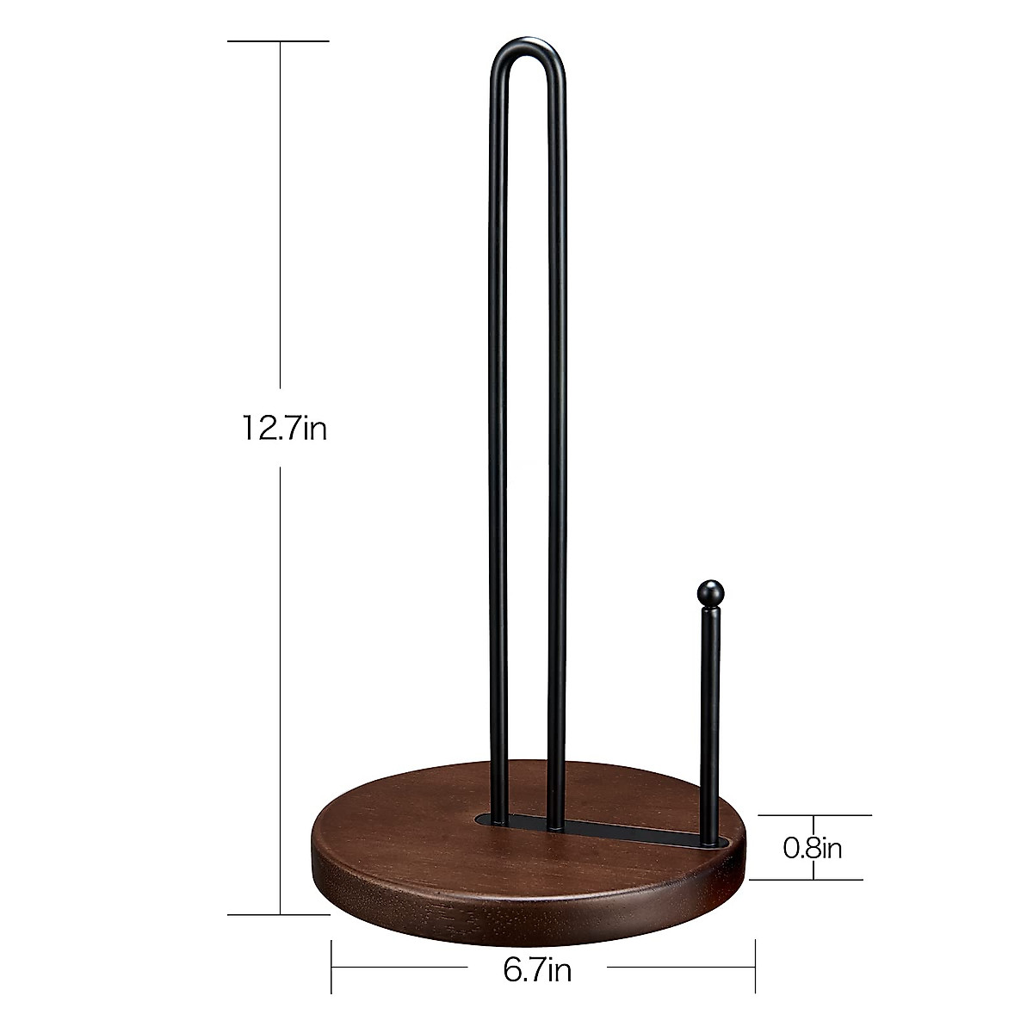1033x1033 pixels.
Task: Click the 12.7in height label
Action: point(283,428)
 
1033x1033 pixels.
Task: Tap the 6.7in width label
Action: point(537,971)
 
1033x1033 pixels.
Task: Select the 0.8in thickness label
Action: point(812,848)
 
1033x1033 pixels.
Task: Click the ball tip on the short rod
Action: point(709,593)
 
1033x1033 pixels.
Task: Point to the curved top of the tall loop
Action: point(529,45)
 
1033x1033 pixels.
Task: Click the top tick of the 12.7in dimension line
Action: point(280,41)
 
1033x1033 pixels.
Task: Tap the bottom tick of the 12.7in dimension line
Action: point(280,914)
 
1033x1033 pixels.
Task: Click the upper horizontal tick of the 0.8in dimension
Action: point(813,814)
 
